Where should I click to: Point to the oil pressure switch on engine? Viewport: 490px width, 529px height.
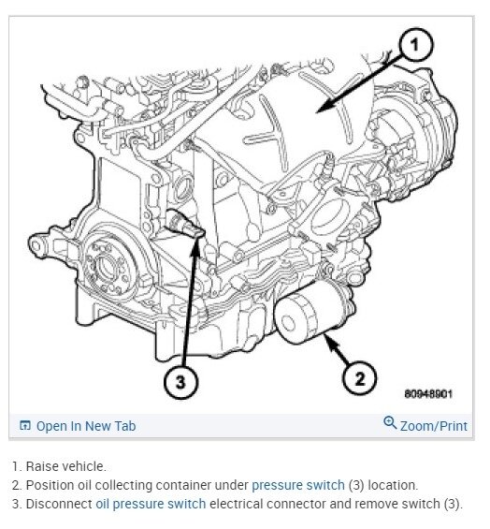[184, 222]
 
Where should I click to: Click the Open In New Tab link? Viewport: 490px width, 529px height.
[85, 426]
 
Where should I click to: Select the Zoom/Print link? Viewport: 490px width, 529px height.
[433, 426]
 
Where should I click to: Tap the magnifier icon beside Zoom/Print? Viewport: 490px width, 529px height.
[390, 424]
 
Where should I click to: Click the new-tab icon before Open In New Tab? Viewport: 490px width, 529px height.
[25, 426]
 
